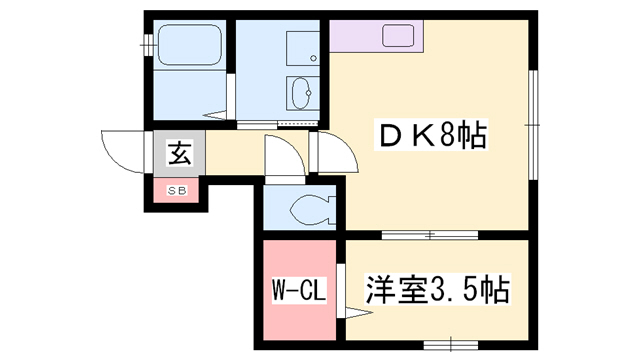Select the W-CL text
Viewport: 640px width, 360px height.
[x=296, y=293]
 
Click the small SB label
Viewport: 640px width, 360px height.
[x=176, y=188]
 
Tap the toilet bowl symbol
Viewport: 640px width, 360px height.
[x=307, y=209]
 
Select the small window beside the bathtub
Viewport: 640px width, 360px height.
[x=147, y=46]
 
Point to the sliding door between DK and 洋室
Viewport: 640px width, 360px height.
[x=429, y=236]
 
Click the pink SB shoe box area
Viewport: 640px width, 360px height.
[x=176, y=189]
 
